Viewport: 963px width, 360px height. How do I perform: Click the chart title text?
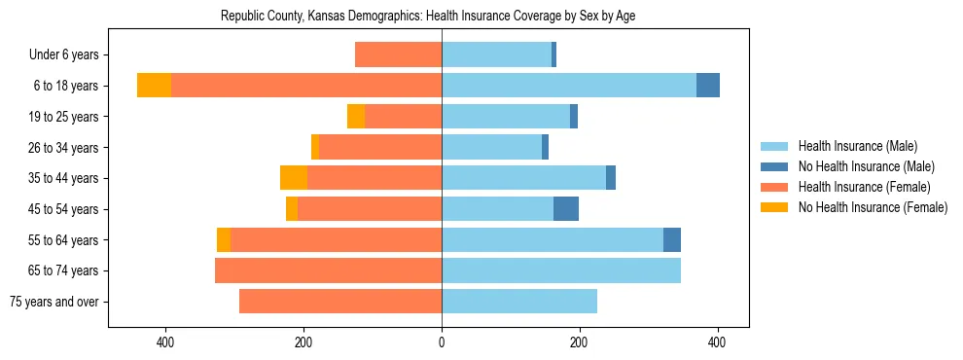click(x=428, y=17)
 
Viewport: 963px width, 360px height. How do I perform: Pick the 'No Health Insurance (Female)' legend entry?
click(x=873, y=207)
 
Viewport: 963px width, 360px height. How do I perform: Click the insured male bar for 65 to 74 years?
click(x=561, y=270)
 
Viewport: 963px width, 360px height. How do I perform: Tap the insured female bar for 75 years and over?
click(x=340, y=302)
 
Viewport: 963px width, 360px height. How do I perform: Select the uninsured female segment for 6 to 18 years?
click(x=154, y=86)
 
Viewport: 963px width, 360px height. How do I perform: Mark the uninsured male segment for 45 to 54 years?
click(x=566, y=209)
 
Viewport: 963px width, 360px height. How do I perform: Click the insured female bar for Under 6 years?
click(x=399, y=54)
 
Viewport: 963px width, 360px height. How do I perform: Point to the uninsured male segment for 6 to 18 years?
click(x=708, y=86)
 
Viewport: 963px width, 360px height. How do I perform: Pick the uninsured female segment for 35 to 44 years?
click(x=294, y=178)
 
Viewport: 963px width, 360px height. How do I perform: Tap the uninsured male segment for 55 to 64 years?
click(x=672, y=239)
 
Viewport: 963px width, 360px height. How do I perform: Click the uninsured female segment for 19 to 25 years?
click(x=356, y=117)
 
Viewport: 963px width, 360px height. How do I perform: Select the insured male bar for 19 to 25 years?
click(x=506, y=117)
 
